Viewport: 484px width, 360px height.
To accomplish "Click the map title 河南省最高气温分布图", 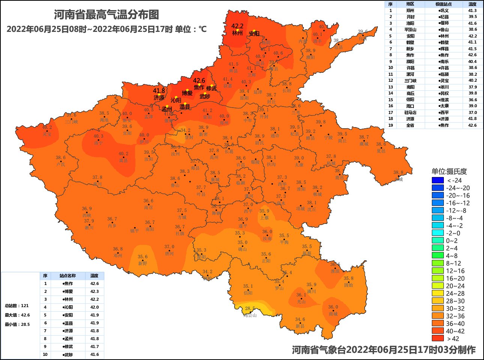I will click(x=107, y=15).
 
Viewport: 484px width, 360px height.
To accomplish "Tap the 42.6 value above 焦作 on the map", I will click(x=199, y=81).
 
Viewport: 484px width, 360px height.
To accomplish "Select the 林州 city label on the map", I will click(x=237, y=33).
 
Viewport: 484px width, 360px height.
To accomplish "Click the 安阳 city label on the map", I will click(x=254, y=34).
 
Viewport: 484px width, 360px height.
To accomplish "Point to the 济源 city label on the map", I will click(x=159, y=97).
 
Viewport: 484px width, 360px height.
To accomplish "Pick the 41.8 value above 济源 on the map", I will click(x=159, y=91).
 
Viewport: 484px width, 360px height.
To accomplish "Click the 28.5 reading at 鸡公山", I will click(x=250, y=309).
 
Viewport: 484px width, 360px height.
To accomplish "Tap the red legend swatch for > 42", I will click(x=437, y=338).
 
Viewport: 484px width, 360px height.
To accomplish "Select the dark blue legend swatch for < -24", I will click(x=437, y=180).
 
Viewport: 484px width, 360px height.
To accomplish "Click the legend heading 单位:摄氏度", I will click(x=449, y=172).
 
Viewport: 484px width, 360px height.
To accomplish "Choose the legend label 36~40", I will click(x=455, y=324).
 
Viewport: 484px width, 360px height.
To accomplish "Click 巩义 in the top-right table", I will click(x=444, y=10).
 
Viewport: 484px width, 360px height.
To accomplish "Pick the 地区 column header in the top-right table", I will click(x=410, y=4).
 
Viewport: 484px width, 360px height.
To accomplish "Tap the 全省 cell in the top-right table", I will click(x=410, y=125).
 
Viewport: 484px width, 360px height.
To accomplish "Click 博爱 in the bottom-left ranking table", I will click(x=68, y=291).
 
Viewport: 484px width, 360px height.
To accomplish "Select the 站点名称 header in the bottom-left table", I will click(x=68, y=276).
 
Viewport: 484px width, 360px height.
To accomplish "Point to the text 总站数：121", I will click(x=17, y=306).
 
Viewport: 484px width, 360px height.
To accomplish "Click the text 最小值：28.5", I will click(x=17, y=324).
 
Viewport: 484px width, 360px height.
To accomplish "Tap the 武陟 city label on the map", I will click(x=205, y=96).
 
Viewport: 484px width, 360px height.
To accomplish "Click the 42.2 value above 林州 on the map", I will click(x=237, y=26).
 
